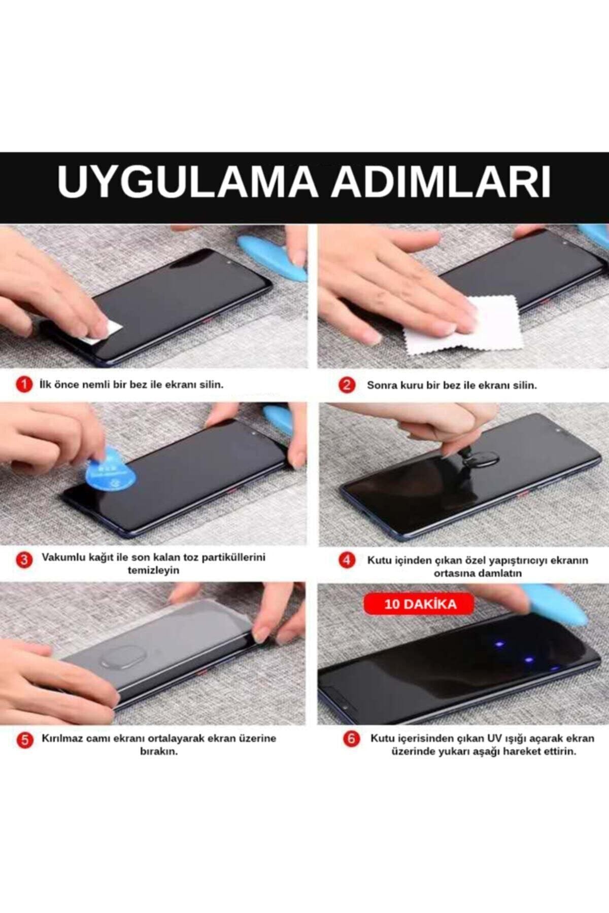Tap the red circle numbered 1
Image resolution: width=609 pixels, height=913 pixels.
click(x=24, y=384)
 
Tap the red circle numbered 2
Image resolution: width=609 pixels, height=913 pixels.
click(x=347, y=385)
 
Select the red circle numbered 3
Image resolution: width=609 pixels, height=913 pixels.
click(x=24, y=560)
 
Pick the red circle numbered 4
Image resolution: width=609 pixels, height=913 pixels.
click(x=347, y=560)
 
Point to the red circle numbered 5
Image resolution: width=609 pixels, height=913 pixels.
click(x=24, y=740)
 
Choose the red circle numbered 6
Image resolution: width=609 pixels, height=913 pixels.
click(x=351, y=739)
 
